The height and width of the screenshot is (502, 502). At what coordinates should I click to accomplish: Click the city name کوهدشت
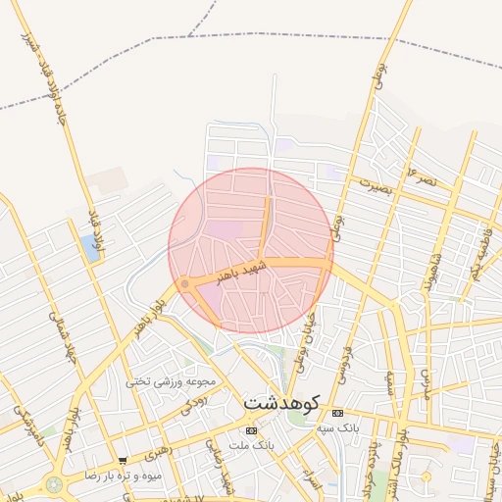280,402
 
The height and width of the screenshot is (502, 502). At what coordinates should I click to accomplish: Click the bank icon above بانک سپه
338,413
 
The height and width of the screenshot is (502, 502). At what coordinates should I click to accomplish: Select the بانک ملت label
251,447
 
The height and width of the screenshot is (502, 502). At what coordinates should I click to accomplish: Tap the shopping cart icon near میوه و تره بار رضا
122,460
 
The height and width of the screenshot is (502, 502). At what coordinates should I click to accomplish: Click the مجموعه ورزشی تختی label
177,380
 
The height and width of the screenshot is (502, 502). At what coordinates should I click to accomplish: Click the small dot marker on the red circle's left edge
184,284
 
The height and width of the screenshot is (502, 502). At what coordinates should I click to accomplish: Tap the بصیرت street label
375,185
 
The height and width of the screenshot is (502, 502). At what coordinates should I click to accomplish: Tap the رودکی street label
195,402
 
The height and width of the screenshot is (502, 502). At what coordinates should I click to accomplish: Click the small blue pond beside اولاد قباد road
91,247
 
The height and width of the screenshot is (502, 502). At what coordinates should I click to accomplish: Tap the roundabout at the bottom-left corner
52,484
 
